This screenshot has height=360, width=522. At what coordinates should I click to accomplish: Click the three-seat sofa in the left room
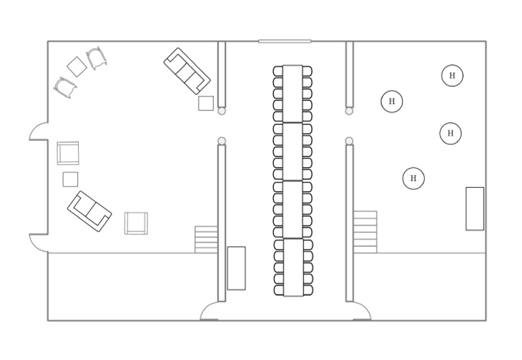[x=187, y=71]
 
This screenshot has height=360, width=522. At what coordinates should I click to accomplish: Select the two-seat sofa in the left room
[x=90, y=211]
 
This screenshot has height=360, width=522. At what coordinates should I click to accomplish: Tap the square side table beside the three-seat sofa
[x=206, y=103]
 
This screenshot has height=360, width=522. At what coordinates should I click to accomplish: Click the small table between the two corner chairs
[x=77, y=66]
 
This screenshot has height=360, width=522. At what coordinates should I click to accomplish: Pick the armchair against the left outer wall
[x=68, y=153]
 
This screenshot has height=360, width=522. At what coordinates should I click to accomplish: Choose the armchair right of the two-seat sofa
[x=137, y=223]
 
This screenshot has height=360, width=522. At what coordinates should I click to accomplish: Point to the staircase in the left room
[x=206, y=240]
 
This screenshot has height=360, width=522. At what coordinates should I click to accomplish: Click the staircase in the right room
[x=365, y=231]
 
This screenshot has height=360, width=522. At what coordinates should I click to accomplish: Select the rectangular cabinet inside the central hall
[x=237, y=268]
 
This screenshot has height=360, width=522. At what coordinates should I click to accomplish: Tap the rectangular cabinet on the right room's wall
[x=475, y=208]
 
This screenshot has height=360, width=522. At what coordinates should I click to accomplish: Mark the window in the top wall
[x=285, y=42]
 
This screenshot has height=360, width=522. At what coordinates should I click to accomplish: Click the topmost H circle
[x=452, y=76]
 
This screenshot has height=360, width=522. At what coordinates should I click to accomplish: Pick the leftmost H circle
[x=392, y=102]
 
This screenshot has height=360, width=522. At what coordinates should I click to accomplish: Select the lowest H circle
[x=413, y=178]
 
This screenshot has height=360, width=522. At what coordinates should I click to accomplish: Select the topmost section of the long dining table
[x=293, y=93]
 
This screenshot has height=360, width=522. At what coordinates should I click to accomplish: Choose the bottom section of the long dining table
[x=293, y=267]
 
